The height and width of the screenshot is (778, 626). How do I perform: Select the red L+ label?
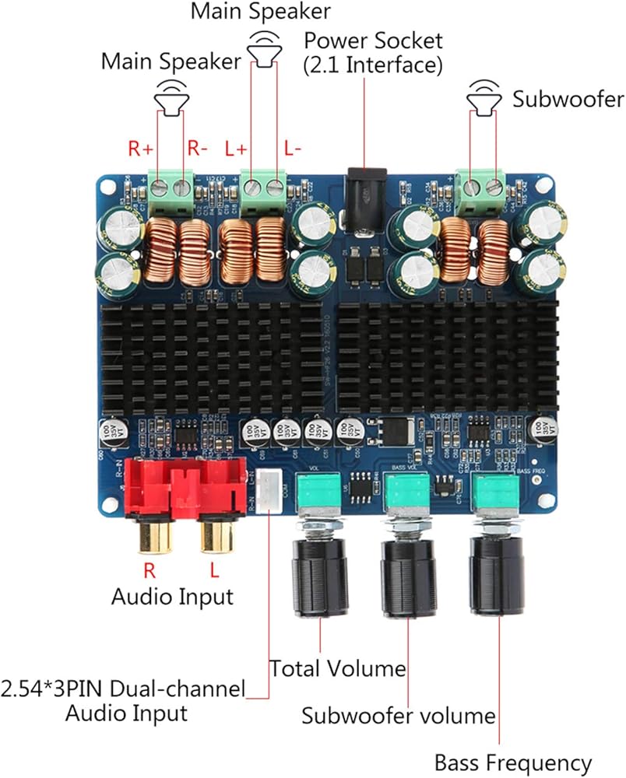(x=235, y=148)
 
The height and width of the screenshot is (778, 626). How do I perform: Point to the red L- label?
(x=293, y=148)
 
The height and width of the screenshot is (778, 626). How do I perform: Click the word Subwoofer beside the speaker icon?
(x=568, y=99)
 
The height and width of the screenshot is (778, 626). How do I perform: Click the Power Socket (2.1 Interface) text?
(x=373, y=52)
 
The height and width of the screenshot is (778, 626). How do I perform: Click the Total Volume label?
(x=337, y=668)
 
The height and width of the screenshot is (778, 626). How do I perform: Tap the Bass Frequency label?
(x=513, y=762)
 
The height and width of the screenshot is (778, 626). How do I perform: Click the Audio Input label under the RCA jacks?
(x=172, y=597)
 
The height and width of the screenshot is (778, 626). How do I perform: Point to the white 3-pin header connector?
(x=269, y=491)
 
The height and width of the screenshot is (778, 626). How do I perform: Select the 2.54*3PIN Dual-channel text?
(x=124, y=689)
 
